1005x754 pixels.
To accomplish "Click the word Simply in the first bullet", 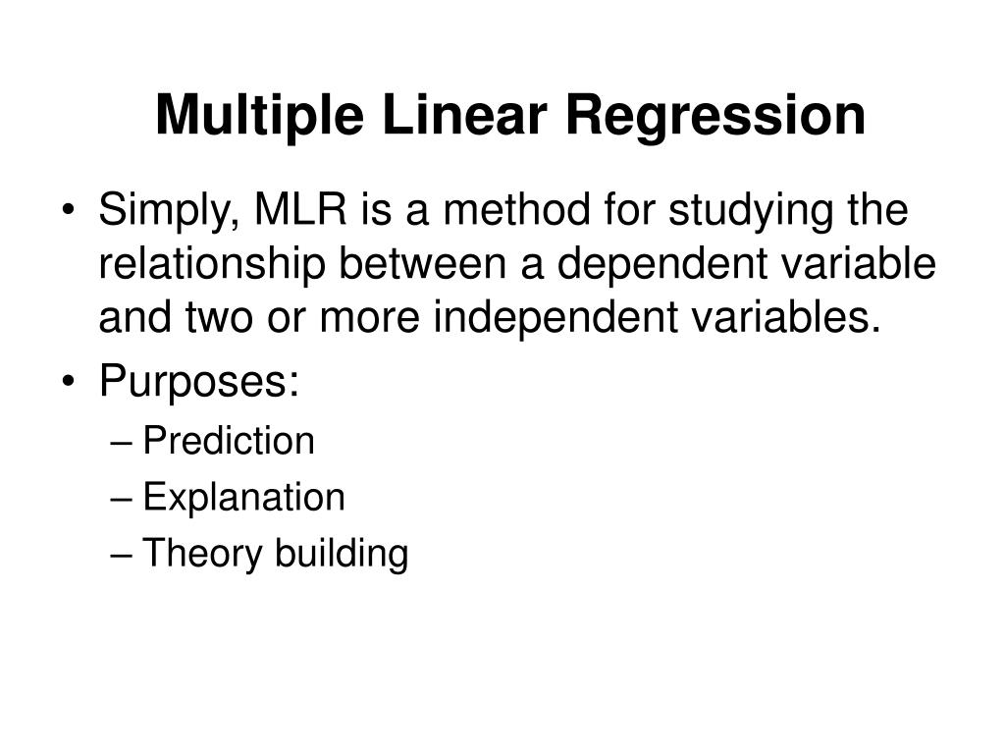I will (x=163, y=212).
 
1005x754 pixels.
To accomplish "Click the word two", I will (x=200, y=319).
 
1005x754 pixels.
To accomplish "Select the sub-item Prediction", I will (x=229, y=442).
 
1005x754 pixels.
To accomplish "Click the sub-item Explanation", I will (x=243, y=499).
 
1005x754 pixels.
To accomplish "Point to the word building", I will (x=341, y=556).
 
